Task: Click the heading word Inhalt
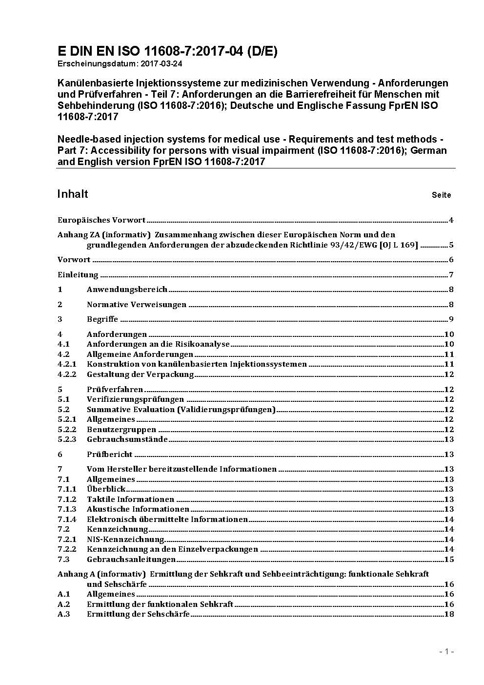(x=73, y=194)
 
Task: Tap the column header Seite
(x=441, y=195)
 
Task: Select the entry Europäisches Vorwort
(x=101, y=220)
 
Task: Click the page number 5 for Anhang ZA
(x=451, y=245)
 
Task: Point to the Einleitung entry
(x=78, y=275)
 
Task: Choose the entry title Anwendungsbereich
(x=127, y=290)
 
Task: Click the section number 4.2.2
(x=67, y=374)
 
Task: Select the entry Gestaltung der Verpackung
(x=140, y=374)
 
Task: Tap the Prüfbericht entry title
(x=109, y=455)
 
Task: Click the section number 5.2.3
(x=67, y=439)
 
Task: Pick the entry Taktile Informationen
(x=130, y=499)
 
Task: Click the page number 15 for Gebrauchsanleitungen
(x=449, y=560)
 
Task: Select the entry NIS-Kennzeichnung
(x=125, y=540)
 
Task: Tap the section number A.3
(x=64, y=614)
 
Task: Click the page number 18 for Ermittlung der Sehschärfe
(x=449, y=614)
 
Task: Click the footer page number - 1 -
(x=446, y=651)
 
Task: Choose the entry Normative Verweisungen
(x=137, y=305)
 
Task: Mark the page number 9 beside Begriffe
(x=451, y=320)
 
